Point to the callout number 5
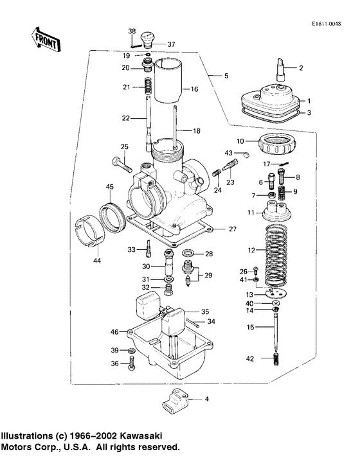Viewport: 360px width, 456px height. tap(226, 76)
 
